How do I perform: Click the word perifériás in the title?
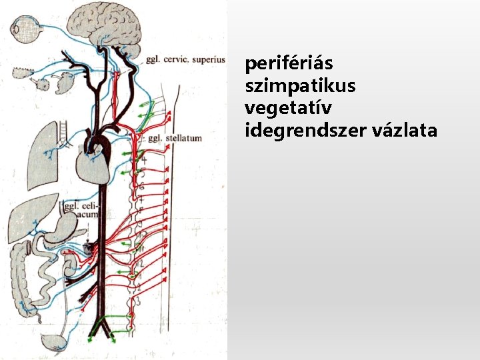click(289, 65)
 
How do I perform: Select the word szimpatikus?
click(301, 87)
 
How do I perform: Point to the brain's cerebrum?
click(107, 23)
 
